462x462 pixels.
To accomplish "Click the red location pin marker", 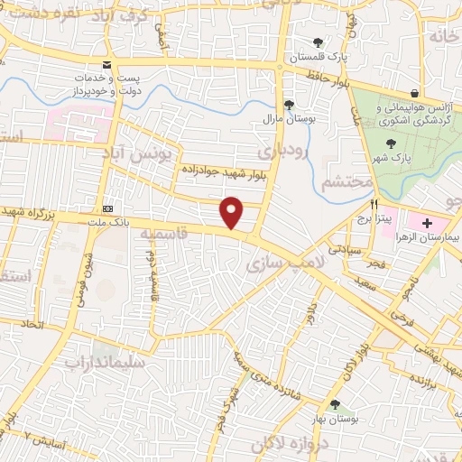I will pyautogui.click(x=233, y=212).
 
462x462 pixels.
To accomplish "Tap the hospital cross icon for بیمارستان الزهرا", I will pyautogui.click(x=427, y=222).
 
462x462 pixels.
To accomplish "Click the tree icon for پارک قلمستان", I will pyautogui.click(x=317, y=42).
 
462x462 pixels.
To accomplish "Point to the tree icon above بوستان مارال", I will pyautogui.click(x=289, y=105).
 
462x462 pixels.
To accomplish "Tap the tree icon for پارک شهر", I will pyautogui.click(x=390, y=143).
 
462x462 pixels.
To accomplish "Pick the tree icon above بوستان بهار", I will pyautogui.click(x=336, y=405).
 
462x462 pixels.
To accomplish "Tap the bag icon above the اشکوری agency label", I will pyautogui.click(x=414, y=94).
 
